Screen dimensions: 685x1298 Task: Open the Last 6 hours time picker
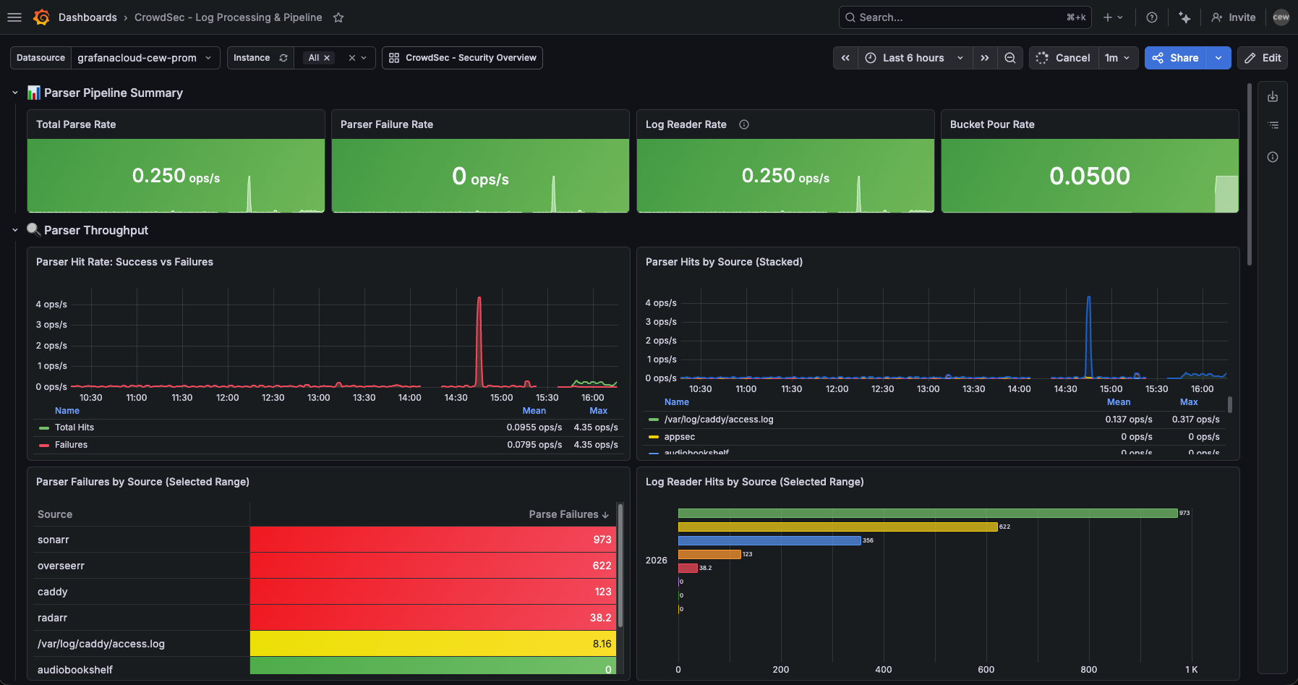(914, 58)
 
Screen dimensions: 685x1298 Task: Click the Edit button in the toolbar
(1263, 58)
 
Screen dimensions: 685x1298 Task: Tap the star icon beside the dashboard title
(338, 17)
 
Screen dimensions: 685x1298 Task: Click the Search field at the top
(955, 17)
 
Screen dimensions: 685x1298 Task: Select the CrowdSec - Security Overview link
(463, 58)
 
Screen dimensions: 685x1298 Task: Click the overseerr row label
(61, 566)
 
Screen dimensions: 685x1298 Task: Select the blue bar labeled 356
(769, 540)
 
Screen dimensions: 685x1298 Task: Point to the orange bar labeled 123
(709, 554)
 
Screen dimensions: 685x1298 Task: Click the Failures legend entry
(71, 445)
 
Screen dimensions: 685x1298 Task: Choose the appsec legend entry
(679, 437)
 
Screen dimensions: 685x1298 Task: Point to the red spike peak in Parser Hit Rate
(479, 299)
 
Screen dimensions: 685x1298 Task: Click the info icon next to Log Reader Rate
(744, 124)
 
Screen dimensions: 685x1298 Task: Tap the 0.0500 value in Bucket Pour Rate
(1089, 176)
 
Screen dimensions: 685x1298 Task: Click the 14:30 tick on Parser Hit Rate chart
(456, 398)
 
